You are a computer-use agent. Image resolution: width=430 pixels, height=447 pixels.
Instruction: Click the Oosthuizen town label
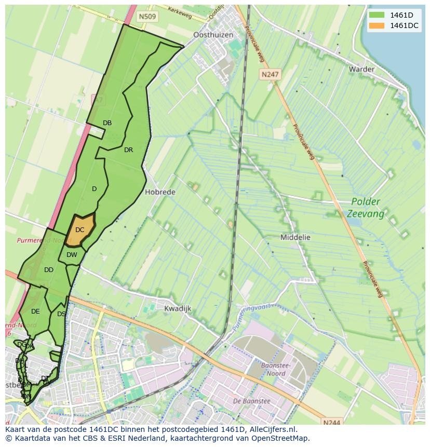(x=213, y=35)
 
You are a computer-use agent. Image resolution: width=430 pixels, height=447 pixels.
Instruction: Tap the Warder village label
(x=361, y=69)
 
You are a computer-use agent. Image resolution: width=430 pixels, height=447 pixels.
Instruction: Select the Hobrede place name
(x=160, y=192)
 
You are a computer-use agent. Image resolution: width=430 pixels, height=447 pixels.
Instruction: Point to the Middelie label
(x=295, y=237)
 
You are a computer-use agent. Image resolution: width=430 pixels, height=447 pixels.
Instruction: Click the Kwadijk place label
(x=178, y=308)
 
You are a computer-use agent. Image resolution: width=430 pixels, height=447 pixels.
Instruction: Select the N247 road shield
(x=270, y=74)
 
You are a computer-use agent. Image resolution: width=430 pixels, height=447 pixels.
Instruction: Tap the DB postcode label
(x=107, y=123)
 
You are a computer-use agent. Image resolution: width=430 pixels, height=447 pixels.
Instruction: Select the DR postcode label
(x=128, y=150)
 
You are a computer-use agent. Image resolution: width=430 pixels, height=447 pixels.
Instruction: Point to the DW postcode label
(x=72, y=254)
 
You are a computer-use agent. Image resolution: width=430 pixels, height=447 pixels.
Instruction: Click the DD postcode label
(x=49, y=270)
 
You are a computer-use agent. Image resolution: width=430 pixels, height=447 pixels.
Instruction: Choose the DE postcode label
(x=35, y=311)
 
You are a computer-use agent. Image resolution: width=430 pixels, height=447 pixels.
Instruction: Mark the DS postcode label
(x=61, y=314)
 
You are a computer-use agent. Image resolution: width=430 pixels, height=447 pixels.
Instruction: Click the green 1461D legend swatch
(x=377, y=15)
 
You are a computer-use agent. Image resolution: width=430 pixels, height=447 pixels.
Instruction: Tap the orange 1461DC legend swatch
(x=377, y=25)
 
